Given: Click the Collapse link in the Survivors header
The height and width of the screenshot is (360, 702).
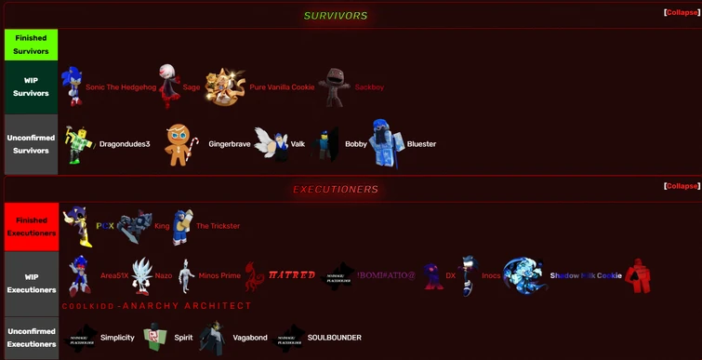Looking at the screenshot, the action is pyautogui.click(x=682, y=14).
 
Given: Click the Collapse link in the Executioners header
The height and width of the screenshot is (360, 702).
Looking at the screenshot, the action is pyautogui.click(x=682, y=186).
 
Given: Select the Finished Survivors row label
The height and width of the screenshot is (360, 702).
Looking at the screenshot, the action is pyautogui.click(x=32, y=45).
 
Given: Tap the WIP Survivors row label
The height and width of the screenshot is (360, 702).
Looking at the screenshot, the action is pyautogui.click(x=32, y=87).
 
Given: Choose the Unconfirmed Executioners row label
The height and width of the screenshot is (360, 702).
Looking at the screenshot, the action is pyautogui.click(x=32, y=338).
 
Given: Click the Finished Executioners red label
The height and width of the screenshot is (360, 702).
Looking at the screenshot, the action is pyautogui.click(x=32, y=225).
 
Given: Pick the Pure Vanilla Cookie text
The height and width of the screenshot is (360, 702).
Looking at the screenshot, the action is pyautogui.click(x=282, y=87).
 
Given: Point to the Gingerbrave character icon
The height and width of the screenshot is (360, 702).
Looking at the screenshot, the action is pyautogui.click(x=178, y=143).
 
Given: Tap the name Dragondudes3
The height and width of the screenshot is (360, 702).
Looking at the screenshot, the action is pyautogui.click(x=125, y=144).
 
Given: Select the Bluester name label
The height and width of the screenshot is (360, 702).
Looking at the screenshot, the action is pyautogui.click(x=421, y=144).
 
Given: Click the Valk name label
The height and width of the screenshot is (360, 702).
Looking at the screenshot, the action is pyautogui.click(x=298, y=144).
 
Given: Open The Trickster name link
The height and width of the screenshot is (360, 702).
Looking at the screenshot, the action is pyautogui.click(x=218, y=226).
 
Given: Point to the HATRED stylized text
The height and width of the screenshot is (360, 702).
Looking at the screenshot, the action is pyautogui.click(x=292, y=275).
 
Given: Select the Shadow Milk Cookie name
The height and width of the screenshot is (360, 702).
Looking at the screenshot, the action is pyautogui.click(x=586, y=276).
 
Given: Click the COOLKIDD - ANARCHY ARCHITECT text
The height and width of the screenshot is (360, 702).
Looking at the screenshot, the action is pyautogui.click(x=156, y=306).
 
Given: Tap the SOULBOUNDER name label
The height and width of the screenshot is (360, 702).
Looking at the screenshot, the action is pyautogui.click(x=334, y=338).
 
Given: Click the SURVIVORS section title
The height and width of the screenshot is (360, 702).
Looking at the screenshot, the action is pyautogui.click(x=336, y=16).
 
